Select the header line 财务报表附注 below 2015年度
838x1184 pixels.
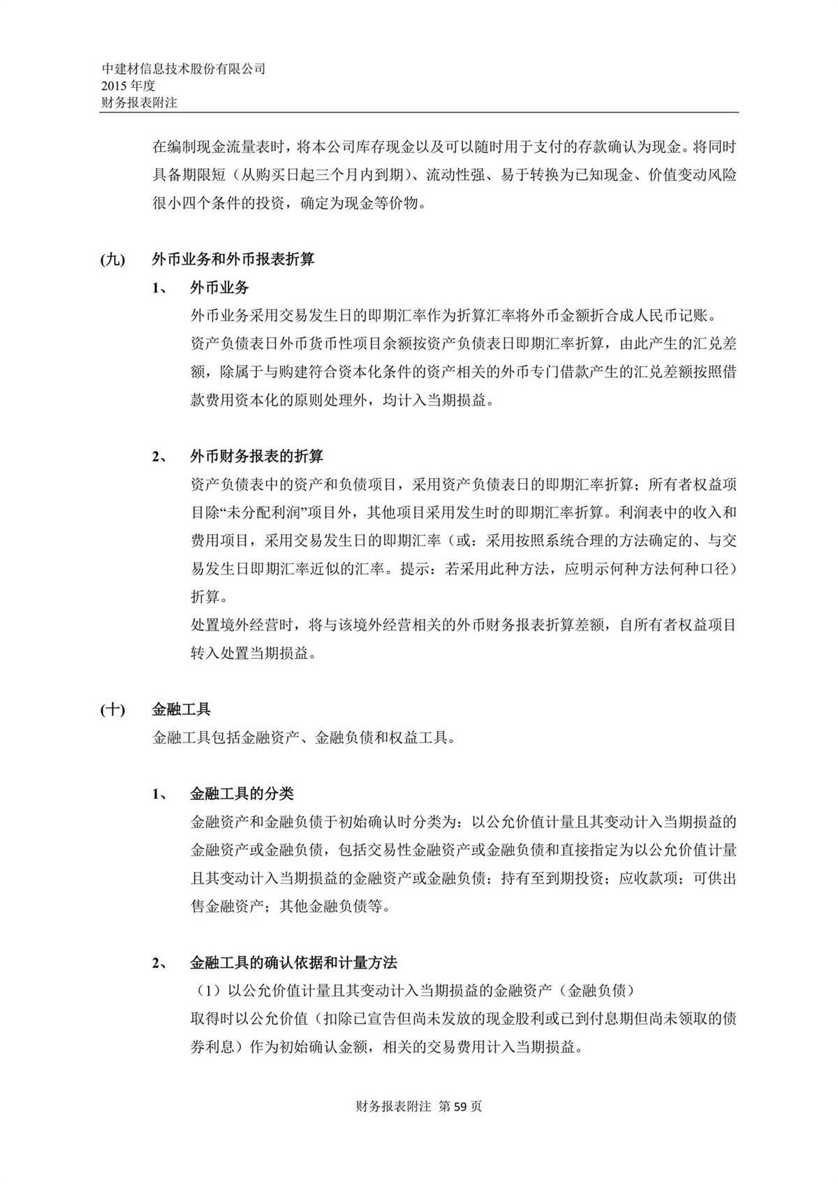pyautogui.click(x=139, y=102)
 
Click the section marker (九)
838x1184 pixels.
pyautogui.click(x=112, y=260)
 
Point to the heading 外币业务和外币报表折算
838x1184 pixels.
pyautogui.click(x=233, y=260)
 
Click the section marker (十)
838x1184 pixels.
pyautogui.click(x=112, y=710)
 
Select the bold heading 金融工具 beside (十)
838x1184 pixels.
pyautogui.click(x=181, y=710)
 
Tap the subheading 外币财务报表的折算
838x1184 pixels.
pyautogui.click(x=256, y=457)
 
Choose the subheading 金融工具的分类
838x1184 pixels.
pyautogui.click(x=242, y=794)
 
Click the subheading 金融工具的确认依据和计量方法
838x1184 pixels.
pyautogui.click(x=293, y=963)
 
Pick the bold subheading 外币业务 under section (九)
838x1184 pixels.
pyautogui.click(x=219, y=288)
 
